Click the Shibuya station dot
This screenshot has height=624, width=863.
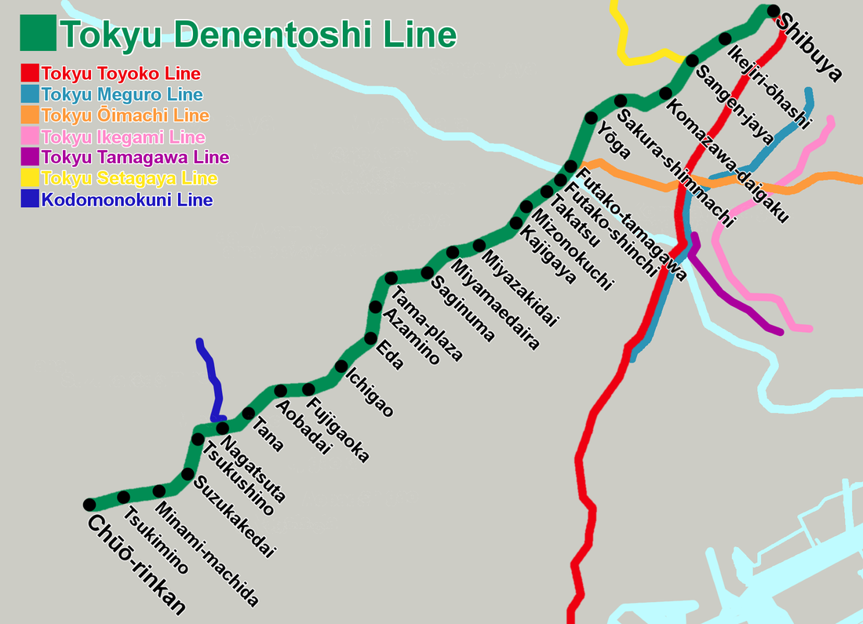click(x=773, y=11)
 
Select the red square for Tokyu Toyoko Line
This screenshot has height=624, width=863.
click(x=30, y=74)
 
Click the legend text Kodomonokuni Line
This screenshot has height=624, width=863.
click(x=127, y=200)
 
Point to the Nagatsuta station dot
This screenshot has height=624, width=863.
click(x=223, y=428)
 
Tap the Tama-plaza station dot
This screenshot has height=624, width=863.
click(x=391, y=279)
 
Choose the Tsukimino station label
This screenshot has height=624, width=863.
click(x=157, y=542)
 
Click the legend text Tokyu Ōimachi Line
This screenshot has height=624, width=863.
click(x=126, y=115)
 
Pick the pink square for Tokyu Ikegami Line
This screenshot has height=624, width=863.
click(x=30, y=137)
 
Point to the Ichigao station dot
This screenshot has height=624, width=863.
click(x=341, y=367)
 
